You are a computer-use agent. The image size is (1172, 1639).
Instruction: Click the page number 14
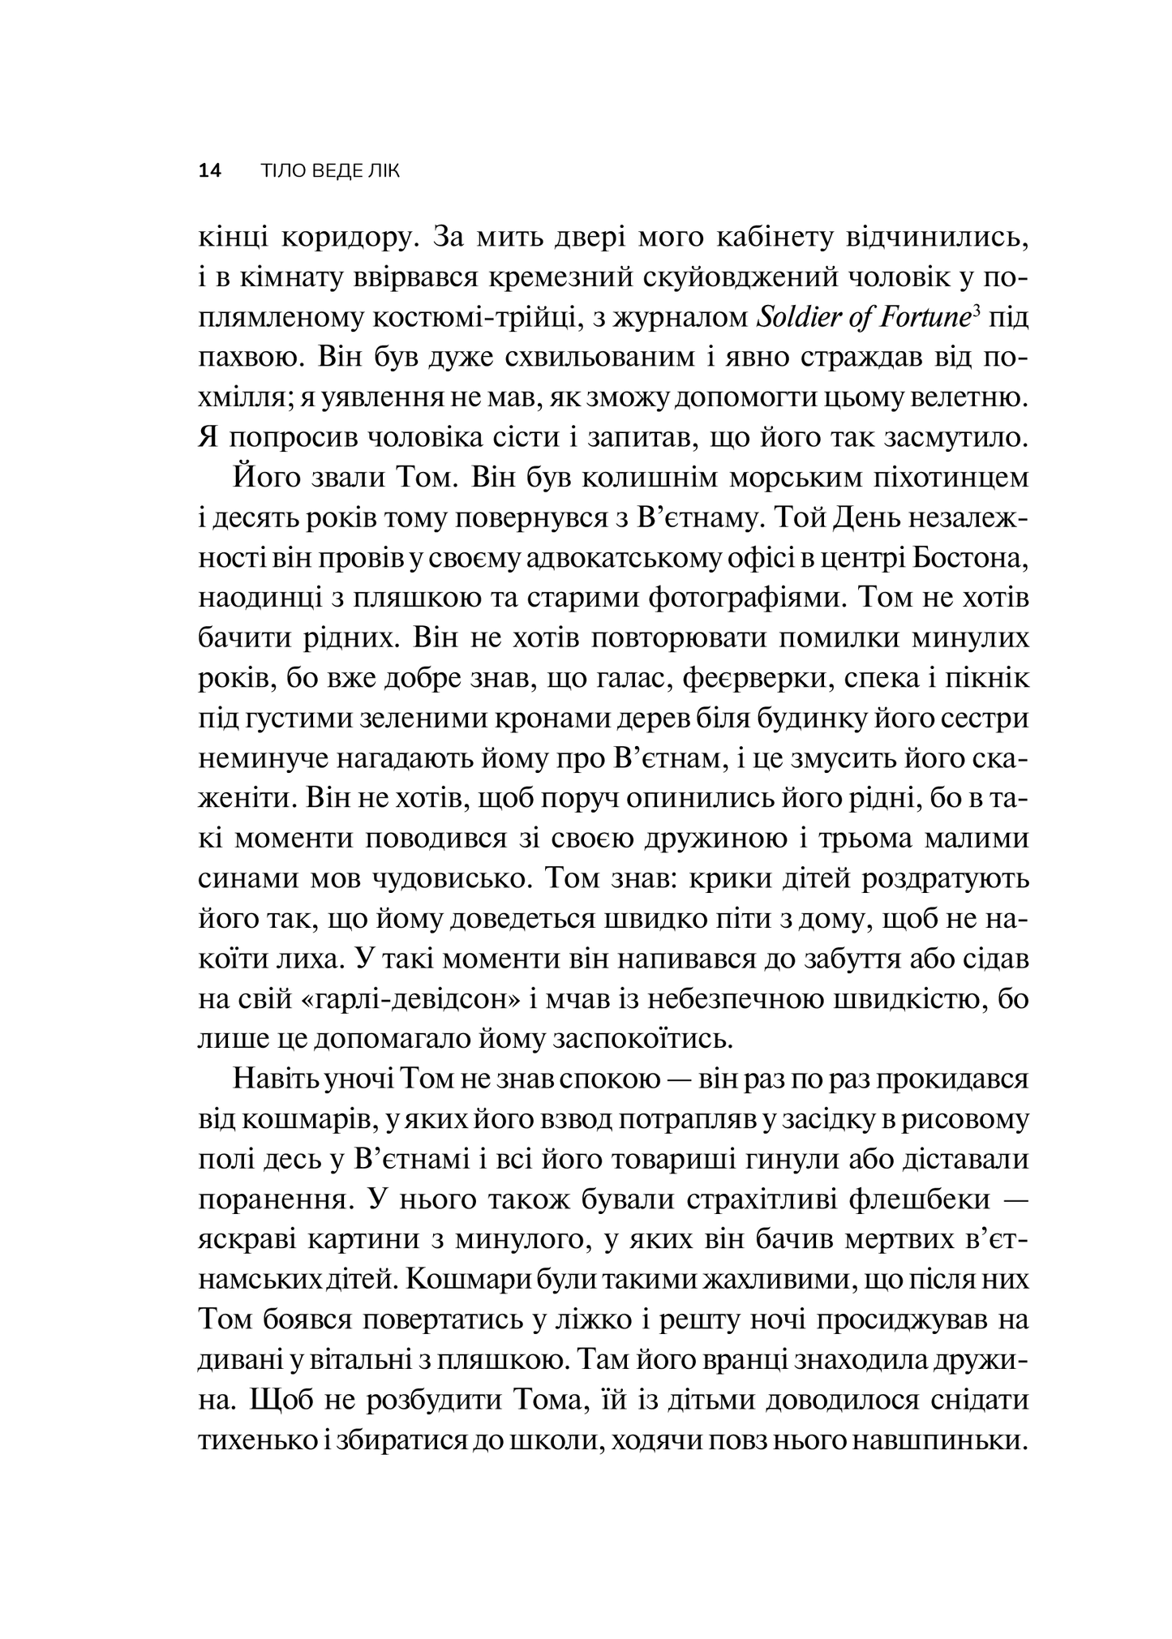[x=209, y=171]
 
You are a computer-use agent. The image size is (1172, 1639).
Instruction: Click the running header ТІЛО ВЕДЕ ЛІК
[x=330, y=171]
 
